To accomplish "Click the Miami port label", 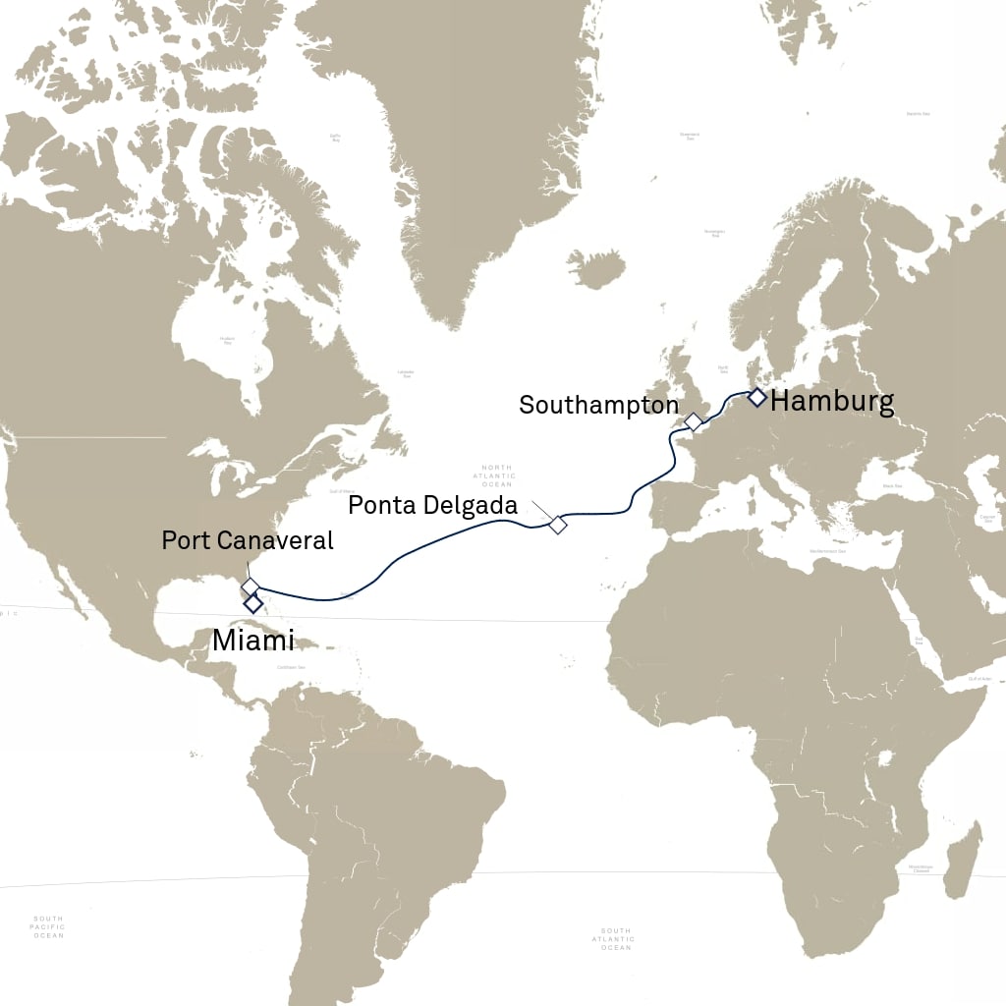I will click(252, 642).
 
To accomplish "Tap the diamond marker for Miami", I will click(252, 602).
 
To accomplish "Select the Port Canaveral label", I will click(248, 540).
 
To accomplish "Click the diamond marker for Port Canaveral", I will click(251, 587).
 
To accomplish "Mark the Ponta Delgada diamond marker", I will click(558, 525).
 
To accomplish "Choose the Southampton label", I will click(598, 405).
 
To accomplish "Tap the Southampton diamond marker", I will click(694, 422).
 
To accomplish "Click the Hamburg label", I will click(832, 401).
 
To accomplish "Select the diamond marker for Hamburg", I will click(756, 397).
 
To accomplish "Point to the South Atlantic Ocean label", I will click(616, 939).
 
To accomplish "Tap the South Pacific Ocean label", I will click(48, 927).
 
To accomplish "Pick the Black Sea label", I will click(892, 486).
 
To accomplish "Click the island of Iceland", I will click(596, 267).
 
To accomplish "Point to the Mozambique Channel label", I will click(921, 868).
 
